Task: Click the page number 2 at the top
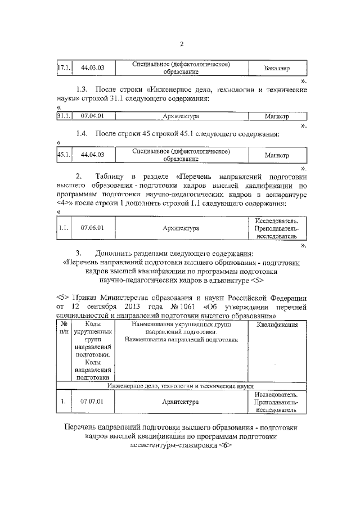tap(182, 45)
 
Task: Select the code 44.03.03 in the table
tap(93, 69)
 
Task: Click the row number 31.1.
tap(64, 116)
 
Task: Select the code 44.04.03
tap(93, 155)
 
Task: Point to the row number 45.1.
tap(64, 155)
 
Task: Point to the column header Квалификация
tap(276, 325)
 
